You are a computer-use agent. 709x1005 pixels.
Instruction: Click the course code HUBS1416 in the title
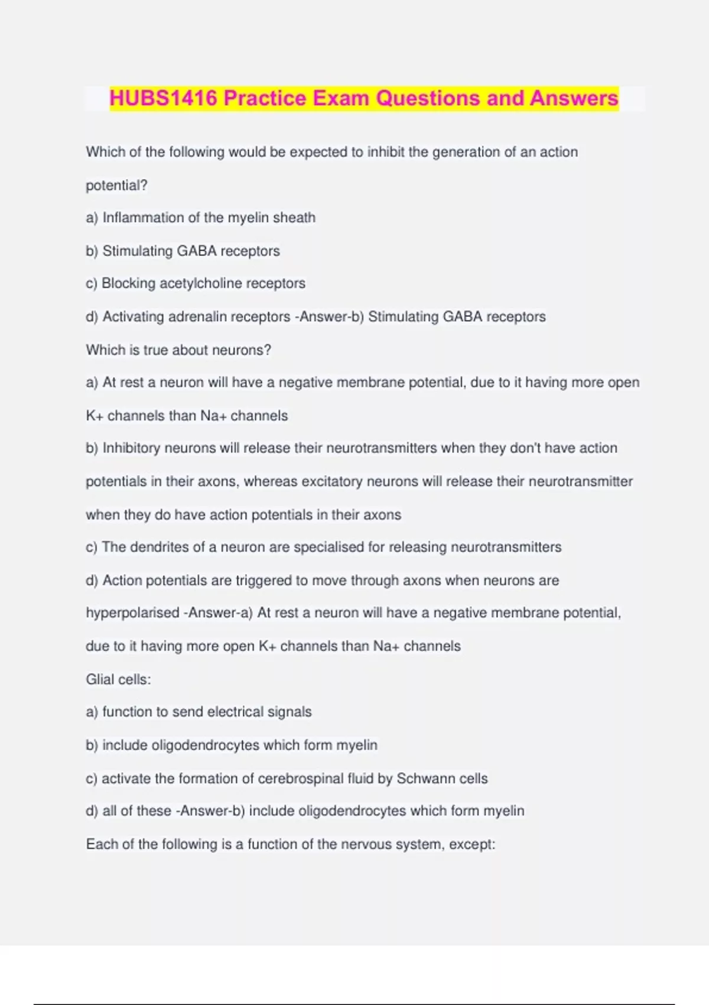coord(163,98)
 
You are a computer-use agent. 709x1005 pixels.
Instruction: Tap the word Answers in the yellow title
coord(574,98)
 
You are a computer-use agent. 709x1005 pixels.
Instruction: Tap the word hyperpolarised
coord(133,613)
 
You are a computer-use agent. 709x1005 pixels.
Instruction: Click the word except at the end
coord(471,844)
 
